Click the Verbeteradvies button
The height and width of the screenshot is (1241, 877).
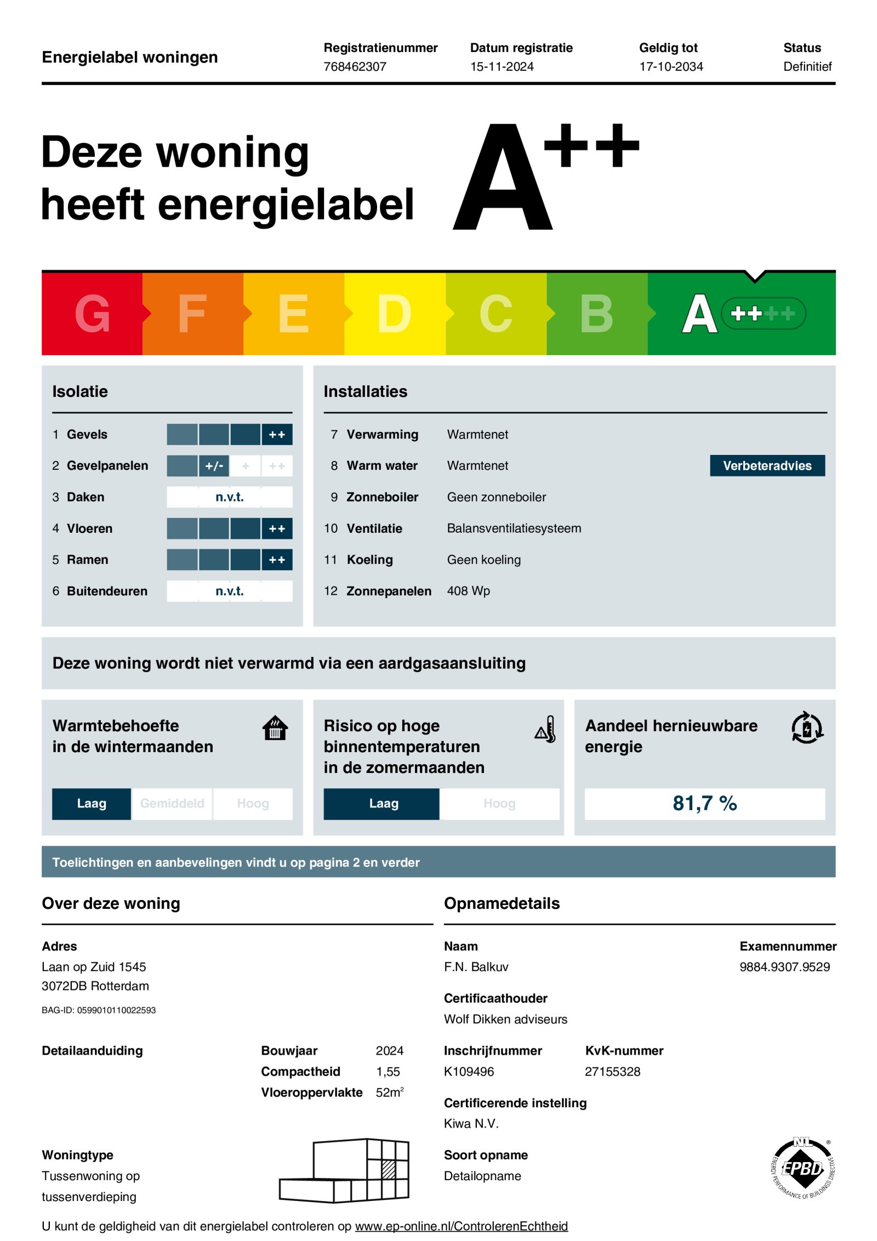click(x=767, y=465)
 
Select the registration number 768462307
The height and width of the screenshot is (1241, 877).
click(x=355, y=66)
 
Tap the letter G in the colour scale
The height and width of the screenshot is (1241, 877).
click(x=92, y=314)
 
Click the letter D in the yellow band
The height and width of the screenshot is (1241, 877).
click(x=394, y=314)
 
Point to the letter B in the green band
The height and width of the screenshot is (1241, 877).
click(x=596, y=314)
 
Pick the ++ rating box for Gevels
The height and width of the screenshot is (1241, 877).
click(x=277, y=434)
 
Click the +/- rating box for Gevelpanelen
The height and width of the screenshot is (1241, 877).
click(x=214, y=466)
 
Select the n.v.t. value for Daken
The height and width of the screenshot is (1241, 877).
click(x=229, y=497)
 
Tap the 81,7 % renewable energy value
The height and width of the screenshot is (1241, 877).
click(x=704, y=804)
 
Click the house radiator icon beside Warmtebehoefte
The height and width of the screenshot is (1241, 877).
click(x=275, y=728)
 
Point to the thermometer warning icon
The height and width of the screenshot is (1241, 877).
click(x=546, y=730)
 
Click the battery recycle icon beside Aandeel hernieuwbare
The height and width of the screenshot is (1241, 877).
click(x=807, y=728)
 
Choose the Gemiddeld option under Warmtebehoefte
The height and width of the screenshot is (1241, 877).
click(x=172, y=804)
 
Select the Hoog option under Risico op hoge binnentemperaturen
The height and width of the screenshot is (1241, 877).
click(x=499, y=804)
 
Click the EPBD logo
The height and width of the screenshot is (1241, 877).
click(x=802, y=1169)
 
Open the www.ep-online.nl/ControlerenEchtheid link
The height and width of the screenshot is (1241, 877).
click(x=461, y=1226)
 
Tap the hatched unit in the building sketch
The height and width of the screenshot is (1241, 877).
click(x=389, y=1169)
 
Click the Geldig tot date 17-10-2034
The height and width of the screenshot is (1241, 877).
click(x=671, y=66)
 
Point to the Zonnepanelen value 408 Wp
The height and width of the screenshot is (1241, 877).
click(x=468, y=591)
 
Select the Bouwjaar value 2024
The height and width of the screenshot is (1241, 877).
click(x=389, y=1051)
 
